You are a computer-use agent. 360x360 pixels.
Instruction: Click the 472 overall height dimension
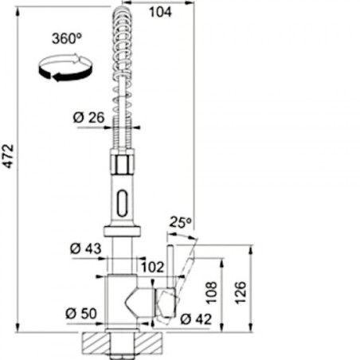[x=9, y=156]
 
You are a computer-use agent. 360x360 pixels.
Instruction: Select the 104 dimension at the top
[x=160, y=12]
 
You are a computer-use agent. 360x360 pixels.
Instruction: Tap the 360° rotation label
[x=67, y=38]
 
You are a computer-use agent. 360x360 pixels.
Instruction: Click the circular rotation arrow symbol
[x=65, y=68]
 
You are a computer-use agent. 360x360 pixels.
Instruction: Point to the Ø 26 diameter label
[x=88, y=118]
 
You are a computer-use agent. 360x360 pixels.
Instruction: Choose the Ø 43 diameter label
[x=86, y=248]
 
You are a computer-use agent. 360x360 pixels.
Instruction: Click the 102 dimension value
[x=152, y=267]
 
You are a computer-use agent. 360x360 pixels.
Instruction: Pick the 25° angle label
[x=180, y=222]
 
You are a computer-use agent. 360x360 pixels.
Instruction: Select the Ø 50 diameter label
[x=81, y=314]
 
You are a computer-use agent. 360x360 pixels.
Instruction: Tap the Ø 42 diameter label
[x=196, y=319]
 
